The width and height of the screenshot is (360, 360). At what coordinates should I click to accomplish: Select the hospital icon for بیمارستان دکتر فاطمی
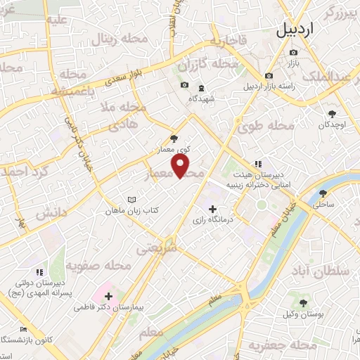(108, 296)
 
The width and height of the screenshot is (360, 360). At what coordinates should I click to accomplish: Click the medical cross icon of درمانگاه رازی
(213, 208)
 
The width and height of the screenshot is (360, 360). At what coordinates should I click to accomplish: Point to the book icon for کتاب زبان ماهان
(131, 200)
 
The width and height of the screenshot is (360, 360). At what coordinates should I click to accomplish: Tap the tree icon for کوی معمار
(174, 139)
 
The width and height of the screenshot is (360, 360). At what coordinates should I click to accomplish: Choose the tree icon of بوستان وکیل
(303, 303)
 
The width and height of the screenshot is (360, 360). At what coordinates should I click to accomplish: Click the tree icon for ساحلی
(323, 193)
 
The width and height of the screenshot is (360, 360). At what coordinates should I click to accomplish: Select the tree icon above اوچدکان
(332, 113)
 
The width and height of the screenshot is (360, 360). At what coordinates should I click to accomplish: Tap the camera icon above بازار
(293, 53)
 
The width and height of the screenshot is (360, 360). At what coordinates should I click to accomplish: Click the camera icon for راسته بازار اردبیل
(269, 75)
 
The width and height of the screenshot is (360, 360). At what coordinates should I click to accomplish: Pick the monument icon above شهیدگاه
(201, 88)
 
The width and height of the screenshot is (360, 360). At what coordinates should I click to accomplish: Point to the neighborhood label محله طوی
(271, 126)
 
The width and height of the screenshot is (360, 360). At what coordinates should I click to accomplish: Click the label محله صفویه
(98, 265)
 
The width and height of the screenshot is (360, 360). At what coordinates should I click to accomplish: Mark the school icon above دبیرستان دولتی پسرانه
(39, 271)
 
